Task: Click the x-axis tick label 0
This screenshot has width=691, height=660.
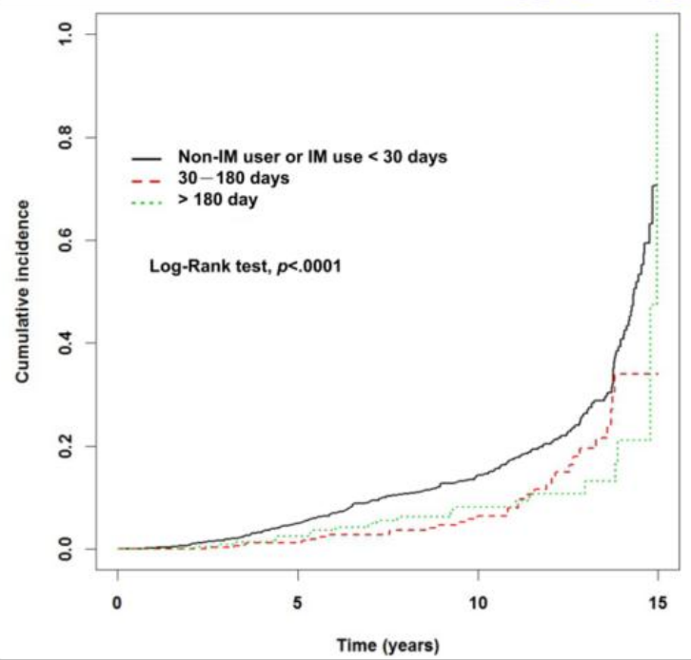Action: click(x=117, y=603)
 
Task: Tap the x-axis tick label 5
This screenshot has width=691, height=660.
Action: click(x=298, y=603)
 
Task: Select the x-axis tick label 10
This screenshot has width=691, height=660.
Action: click(x=478, y=603)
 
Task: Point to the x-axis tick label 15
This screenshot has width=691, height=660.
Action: click(x=658, y=603)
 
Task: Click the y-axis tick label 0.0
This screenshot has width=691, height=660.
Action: click(x=66, y=549)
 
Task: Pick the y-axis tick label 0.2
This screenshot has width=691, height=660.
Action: click(x=66, y=446)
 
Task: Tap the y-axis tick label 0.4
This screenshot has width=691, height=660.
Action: click(x=66, y=343)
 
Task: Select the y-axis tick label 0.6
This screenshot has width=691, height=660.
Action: click(x=66, y=240)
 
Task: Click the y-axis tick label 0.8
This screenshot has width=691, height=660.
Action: click(x=66, y=137)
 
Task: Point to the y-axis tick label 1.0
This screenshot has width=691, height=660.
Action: click(x=66, y=34)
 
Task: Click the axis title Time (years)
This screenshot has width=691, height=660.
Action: click(x=388, y=646)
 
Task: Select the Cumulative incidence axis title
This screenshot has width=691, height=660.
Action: click(x=23, y=291)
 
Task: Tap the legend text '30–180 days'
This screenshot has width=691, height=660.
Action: click(x=233, y=179)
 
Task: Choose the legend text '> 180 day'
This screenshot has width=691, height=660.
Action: click(x=218, y=200)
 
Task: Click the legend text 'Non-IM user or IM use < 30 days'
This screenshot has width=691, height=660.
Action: click(x=312, y=157)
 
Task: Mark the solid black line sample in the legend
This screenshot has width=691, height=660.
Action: click(x=147, y=159)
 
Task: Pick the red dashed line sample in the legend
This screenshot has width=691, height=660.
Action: click(x=147, y=180)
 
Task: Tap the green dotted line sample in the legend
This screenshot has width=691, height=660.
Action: click(x=147, y=203)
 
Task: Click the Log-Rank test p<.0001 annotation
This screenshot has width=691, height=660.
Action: click(x=246, y=266)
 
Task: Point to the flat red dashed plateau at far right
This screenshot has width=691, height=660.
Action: click(x=636, y=374)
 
